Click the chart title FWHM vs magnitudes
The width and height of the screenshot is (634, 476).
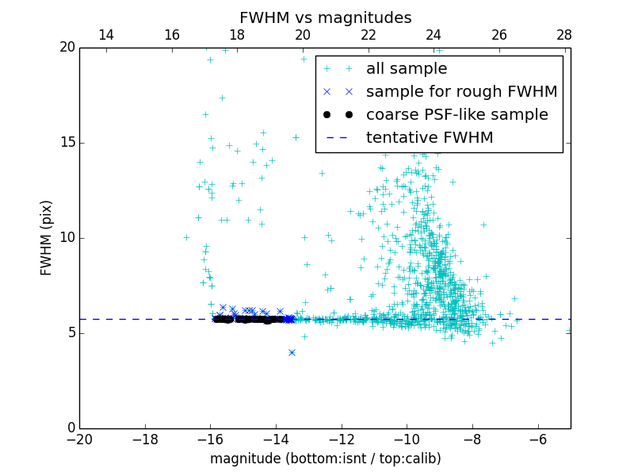click(x=325, y=17)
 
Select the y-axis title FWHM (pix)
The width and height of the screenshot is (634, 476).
click(x=47, y=237)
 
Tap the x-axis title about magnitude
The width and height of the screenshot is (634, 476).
click(x=325, y=459)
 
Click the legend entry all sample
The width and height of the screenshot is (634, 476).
click(x=407, y=69)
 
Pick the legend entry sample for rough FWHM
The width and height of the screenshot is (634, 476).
click(x=461, y=92)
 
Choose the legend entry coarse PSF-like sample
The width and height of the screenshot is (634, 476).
click(x=456, y=115)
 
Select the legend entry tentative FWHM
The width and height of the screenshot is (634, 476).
click(x=430, y=138)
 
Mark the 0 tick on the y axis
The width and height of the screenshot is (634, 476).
click(x=70, y=428)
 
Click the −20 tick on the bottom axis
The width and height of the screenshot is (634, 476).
click(x=79, y=439)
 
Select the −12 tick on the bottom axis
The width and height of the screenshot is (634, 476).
click(x=342, y=439)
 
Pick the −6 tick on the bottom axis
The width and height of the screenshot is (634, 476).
click(x=538, y=439)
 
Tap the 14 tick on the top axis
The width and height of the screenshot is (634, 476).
click(x=105, y=35)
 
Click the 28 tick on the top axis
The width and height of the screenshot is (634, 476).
click(x=564, y=35)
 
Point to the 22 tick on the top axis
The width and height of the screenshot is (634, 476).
click(x=368, y=35)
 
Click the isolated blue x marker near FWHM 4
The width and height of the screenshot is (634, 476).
click(x=292, y=352)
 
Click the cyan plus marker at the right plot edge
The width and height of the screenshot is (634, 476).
click(x=569, y=330)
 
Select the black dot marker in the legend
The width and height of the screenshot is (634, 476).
click(x=338, y=115)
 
